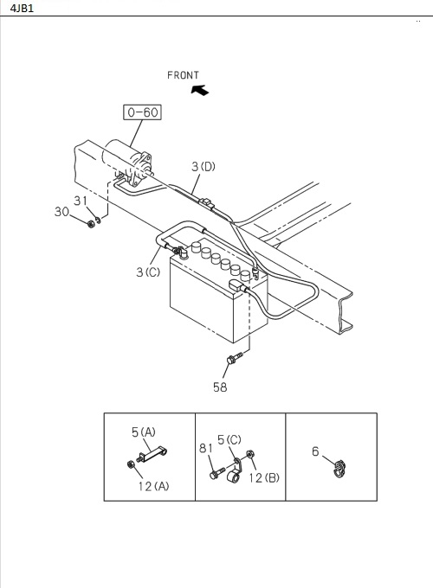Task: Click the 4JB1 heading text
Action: pos(23,9)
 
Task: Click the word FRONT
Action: pos(183,75)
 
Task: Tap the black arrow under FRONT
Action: pos(200,91)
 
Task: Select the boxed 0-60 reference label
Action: pos(142,112)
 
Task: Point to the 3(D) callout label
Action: pos(204,167)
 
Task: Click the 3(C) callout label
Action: pos(148,272)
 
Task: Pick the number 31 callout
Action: pos(81,201)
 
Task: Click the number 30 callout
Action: pos(61,212)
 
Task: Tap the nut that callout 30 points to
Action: pos(91,224)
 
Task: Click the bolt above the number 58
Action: pos(235,357)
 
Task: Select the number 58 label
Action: pos(220,387)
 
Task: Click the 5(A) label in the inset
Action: pos(144,432)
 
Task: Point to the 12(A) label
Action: pos(153,486)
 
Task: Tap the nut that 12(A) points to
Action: pos(131,464)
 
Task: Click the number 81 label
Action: pos(206,448)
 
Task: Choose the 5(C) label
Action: pos(229,439)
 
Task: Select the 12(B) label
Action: pos(264,477)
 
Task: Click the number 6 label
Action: pos(315,451)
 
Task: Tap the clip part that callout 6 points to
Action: pos(339,469)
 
